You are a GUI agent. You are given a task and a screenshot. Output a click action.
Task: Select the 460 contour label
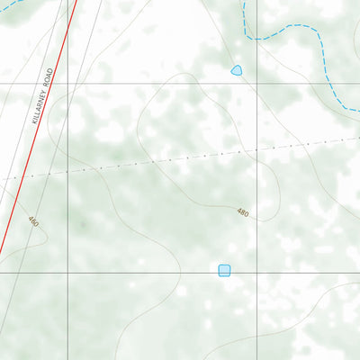33,221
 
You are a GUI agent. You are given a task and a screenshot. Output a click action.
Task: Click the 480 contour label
243,212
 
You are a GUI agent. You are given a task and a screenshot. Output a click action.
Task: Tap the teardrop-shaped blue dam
237,70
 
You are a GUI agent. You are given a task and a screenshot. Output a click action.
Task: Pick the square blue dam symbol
224,270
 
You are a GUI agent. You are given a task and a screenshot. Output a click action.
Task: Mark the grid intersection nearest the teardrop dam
258,84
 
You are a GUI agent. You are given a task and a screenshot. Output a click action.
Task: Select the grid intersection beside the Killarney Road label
68,84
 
